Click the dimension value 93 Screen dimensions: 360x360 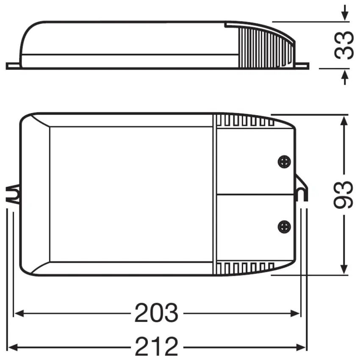coord(343,194)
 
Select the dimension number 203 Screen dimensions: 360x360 coord(157,314)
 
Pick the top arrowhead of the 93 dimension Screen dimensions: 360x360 coord(344,120)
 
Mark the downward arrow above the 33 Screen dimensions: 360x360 coord(345,15)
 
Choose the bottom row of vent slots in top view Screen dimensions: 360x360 coord(246,268)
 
